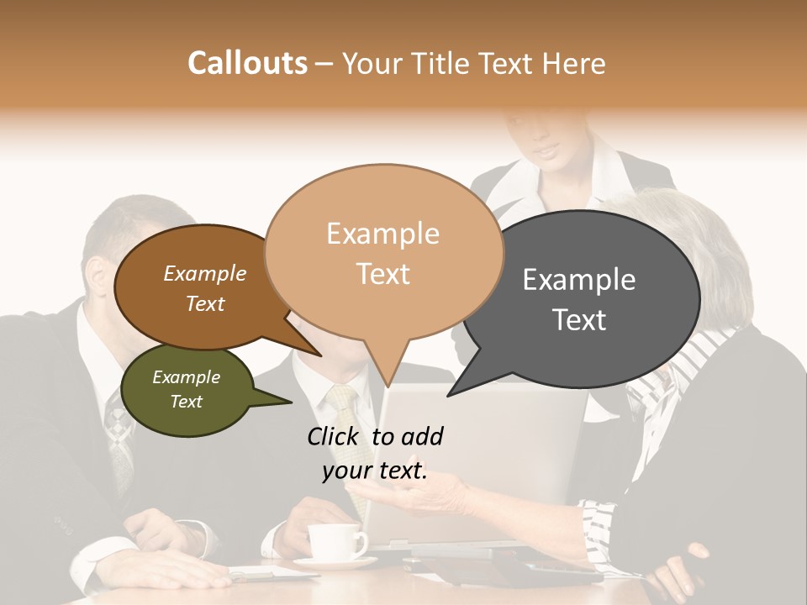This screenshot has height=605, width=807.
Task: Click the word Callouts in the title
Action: point(247,63)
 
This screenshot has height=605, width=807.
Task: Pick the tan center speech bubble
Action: point(383,252)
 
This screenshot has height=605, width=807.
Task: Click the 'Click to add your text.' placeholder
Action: point(375,454)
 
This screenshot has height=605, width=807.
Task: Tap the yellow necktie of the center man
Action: point(346,420)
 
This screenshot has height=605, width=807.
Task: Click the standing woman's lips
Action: point(546,152)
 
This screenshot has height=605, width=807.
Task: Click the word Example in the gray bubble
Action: point(579,280)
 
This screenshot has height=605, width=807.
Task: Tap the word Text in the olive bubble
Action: point(187,402)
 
